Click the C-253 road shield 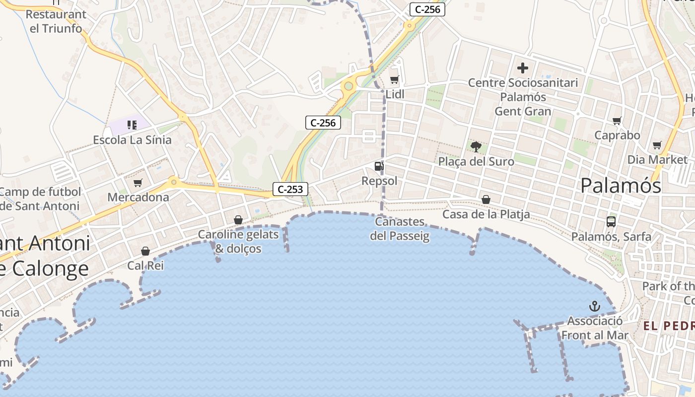pyautogui.click(x=290, y=189)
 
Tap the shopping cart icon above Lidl pyautogui.click(x=395, y=79)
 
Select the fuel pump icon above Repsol pyautogui.click(x=379, y=166)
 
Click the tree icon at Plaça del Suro pyautogui.click(x=476, y=146)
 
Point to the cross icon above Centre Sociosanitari pyautogui.click(x=523, y=68)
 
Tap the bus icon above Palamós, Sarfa pyautogui.click(x=611, y=222)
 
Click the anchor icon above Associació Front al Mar pyautogui.click(x=594, y=306)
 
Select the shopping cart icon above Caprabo pyautogui.click(x=617, y=121)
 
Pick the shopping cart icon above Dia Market pyautogui.click(x=657, y=145)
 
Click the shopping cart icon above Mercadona pyautogui.click(x=138, y=183)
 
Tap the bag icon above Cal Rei pyautogui.click(x=145, y=251)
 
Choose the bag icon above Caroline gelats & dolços pyautogui.click(x=238, y=219)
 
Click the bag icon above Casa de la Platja pyautogui.click(x=486, y=199)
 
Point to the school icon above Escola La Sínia pyautogui.click(x=132, y=125)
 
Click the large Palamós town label pyautogui.click(x=621, y=186)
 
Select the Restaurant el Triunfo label pyautogui.click(x=56, y=21)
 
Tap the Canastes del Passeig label pyautogui.click(x=400, y=229)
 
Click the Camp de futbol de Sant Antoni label pyautogui.click(x=40, y=198)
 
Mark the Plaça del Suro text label pyautogui.click(x=476, y=161)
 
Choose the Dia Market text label pyautogui.click(x=657, y=160)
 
